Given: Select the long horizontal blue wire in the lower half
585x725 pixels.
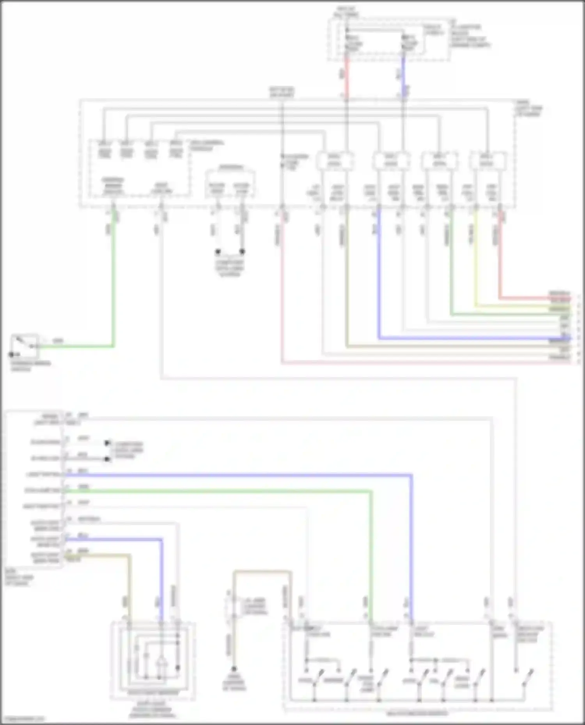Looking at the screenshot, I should (234, 475).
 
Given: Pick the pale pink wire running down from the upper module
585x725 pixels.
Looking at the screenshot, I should (282, 292).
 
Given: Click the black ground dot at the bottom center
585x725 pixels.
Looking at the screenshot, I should (234, 669).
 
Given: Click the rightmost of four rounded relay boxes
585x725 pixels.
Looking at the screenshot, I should (488, 161).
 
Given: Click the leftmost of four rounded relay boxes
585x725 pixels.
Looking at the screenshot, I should (335, 161).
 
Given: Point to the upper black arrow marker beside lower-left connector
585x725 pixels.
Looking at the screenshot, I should (107, 443).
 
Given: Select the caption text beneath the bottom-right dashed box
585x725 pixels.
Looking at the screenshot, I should (417, 714).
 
